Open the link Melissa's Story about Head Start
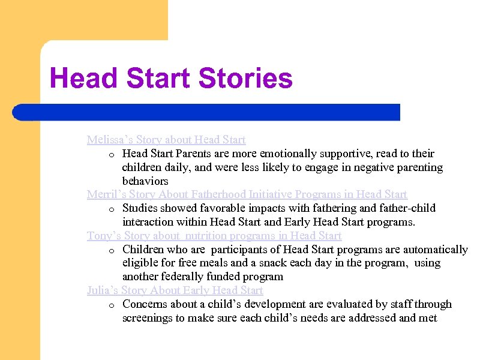166,140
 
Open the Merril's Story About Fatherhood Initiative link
247,194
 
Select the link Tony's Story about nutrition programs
214,236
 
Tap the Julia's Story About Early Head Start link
175,290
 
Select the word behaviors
145,181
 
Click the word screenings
147,318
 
